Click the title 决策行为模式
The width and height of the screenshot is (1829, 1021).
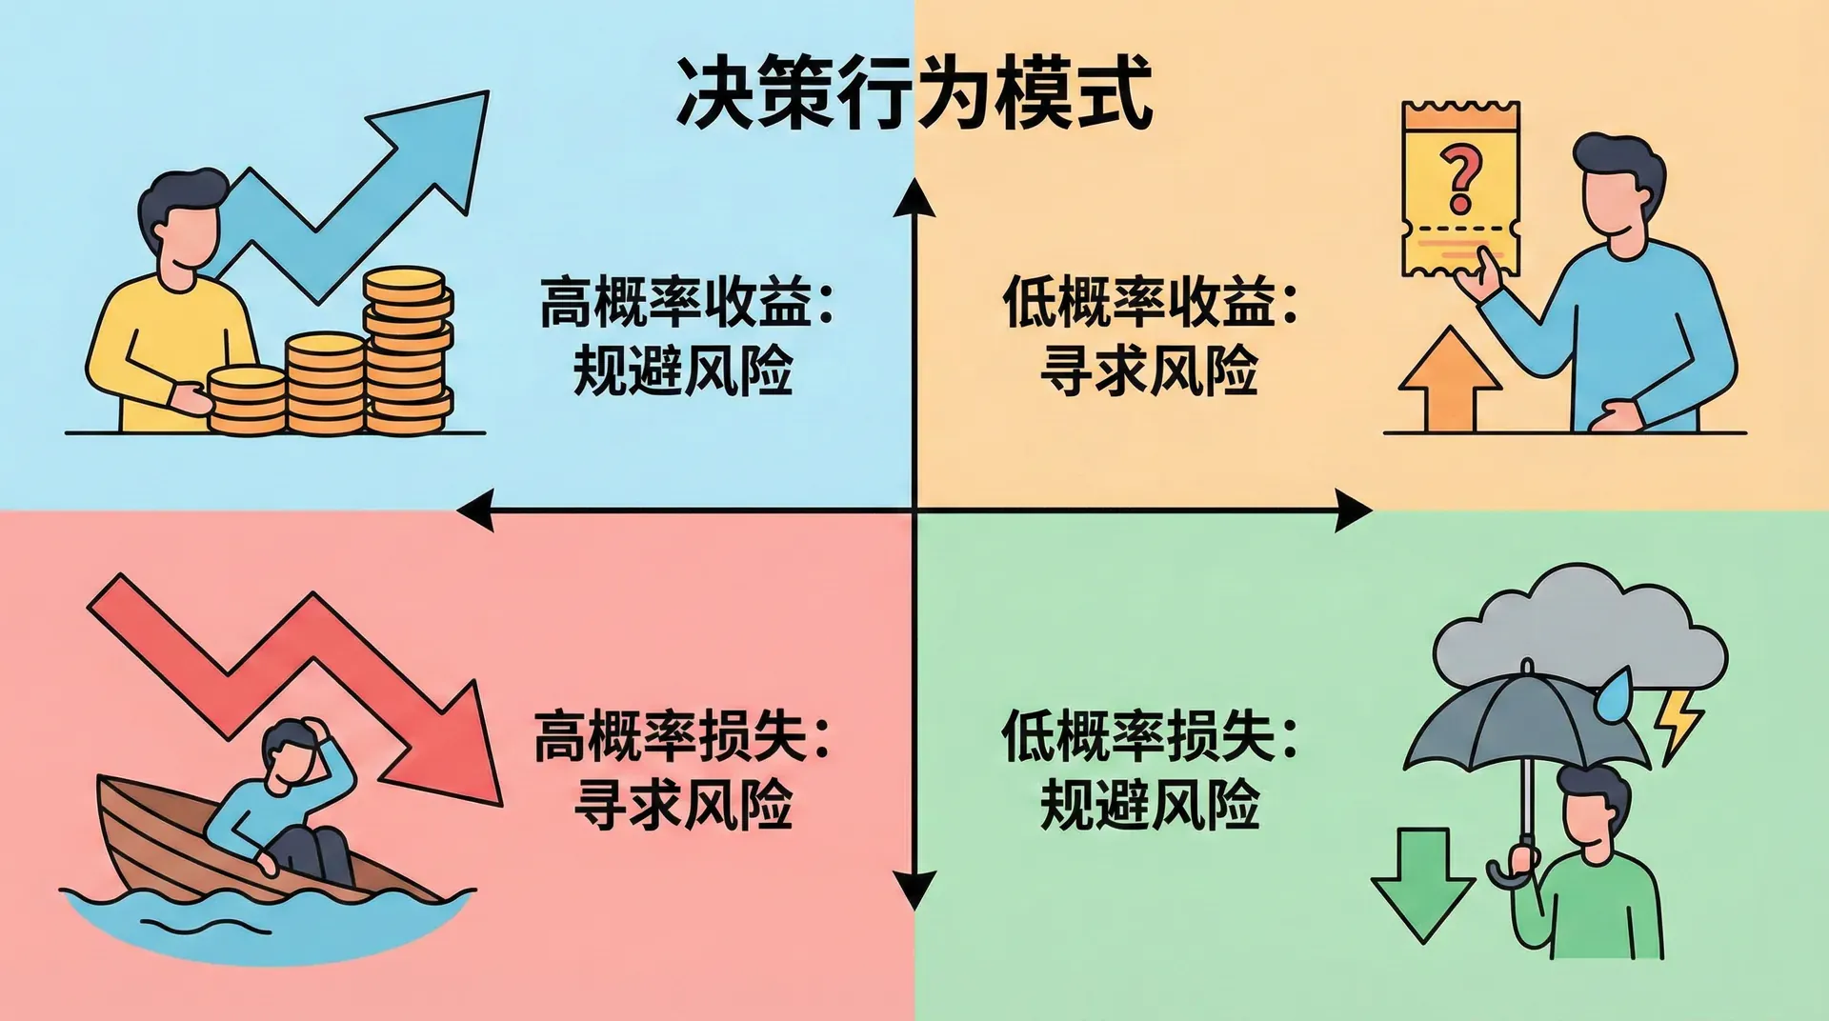tap(914, 93)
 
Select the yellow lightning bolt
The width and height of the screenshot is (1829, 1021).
tap(1679, 724)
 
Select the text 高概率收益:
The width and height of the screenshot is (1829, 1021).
tap(686, 303)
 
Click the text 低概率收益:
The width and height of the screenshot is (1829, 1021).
tap(1150, 303)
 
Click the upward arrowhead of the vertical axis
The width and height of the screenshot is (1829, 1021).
tap(914, 197)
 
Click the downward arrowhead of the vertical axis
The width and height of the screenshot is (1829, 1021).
tap(914, 891)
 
